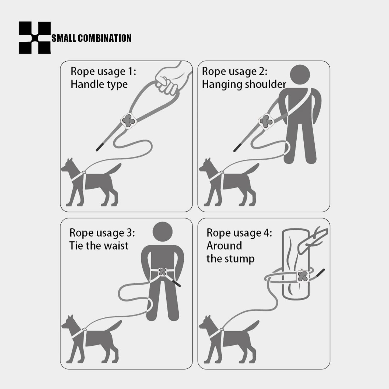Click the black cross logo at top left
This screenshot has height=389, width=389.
(34, 38)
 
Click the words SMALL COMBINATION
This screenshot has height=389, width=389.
(91, 38)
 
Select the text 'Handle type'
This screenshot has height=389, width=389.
(99, 85)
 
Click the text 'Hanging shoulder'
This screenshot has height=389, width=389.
(244, 85)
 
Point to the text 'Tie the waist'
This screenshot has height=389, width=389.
(99, 246)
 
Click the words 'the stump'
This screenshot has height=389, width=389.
(230, 259)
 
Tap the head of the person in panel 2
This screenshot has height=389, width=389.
(300, 75)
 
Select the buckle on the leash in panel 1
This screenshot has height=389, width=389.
(129, 121)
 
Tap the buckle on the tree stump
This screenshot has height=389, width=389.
(303, 276)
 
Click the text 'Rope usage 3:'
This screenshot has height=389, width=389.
(102, 233)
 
